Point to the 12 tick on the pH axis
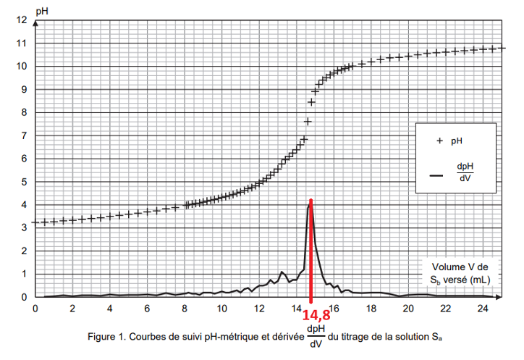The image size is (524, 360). click(x=22, y=20)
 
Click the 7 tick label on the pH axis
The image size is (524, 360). click(x=23, y=135)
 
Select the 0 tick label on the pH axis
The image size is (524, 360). click(x=23, y=297)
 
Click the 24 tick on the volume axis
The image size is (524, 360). click(x=482, y=309)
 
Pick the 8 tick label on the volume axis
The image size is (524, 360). click(x=185, y=309)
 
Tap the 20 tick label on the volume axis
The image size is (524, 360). click(x=407, y=309)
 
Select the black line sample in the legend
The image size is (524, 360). click(x=436, y=175)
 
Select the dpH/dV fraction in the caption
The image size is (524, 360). click(x=316, y=337)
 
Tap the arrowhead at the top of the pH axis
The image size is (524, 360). click(x=34, y=14)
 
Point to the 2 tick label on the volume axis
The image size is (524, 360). click(x=72, y=309)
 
